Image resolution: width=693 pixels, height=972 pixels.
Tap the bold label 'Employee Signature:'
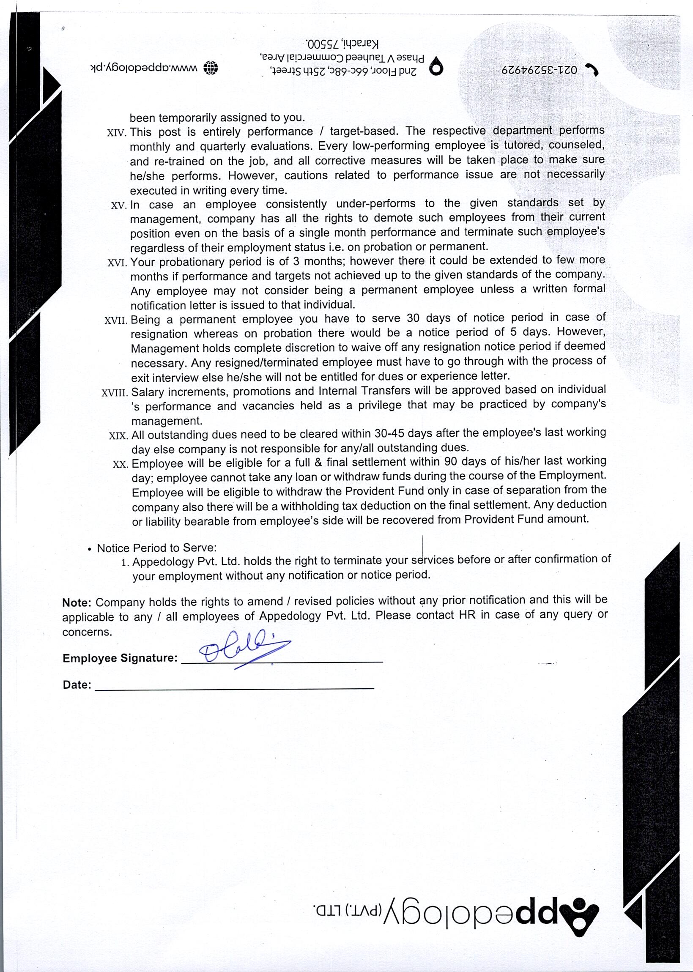120,658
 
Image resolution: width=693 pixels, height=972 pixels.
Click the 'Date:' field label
77,685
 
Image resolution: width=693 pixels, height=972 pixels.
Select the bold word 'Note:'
77,602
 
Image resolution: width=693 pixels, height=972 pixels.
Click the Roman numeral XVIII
114,392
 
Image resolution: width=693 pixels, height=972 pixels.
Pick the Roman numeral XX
120,464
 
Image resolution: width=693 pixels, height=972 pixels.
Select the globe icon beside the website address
211,67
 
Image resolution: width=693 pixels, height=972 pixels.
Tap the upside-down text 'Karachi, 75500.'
342,44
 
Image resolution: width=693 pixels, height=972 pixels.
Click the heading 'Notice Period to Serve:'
156,548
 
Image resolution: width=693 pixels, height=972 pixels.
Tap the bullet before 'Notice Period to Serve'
89,550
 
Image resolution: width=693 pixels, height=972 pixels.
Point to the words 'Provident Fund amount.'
526,519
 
